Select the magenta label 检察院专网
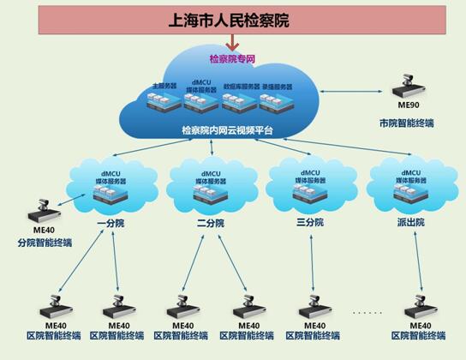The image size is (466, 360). click(x=232, y=58)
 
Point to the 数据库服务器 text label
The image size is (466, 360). click(x=240, y=87)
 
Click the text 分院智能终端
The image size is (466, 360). click(x=45, y=243)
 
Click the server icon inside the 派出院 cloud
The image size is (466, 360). click(x=407, y=195)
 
